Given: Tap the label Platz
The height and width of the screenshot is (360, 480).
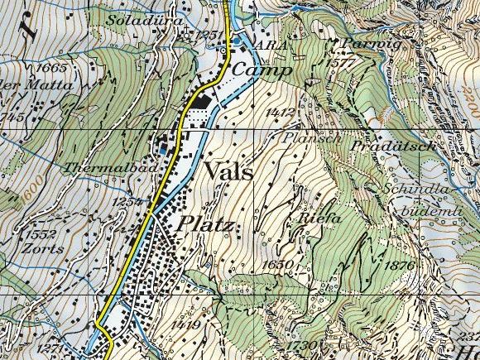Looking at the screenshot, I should tap(202, 225).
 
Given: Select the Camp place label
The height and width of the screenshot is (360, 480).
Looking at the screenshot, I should tap(261, 71).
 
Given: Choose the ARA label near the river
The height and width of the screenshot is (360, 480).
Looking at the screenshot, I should tap(272, 46).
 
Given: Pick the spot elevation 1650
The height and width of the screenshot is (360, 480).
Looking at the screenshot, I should tap(275, 263).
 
